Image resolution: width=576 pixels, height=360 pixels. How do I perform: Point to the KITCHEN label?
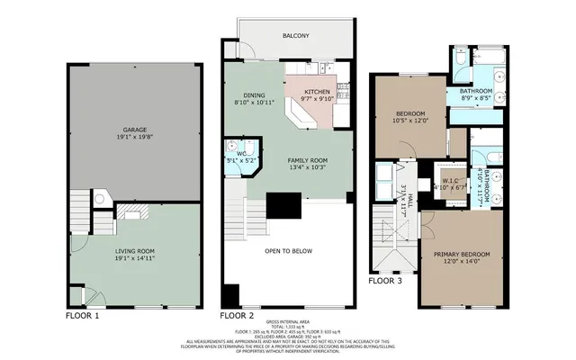coord(317,92)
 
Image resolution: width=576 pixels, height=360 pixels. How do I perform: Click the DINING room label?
coord(254,95)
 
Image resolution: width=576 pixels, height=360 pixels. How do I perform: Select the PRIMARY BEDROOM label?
coord(464,256)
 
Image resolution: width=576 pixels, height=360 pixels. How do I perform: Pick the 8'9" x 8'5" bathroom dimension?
coord(477,99)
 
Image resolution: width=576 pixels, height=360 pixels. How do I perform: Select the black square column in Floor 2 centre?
coord(287,207)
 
